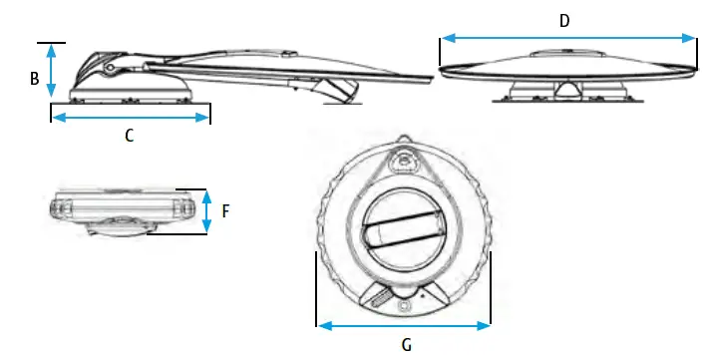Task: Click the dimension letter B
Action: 35,79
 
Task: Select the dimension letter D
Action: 564,20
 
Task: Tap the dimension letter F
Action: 226,212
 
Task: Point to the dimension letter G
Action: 404,344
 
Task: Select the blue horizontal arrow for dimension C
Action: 130,118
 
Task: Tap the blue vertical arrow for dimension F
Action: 206,211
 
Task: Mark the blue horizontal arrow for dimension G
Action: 404,324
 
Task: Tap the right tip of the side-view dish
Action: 435,77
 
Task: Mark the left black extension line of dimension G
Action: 316,289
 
